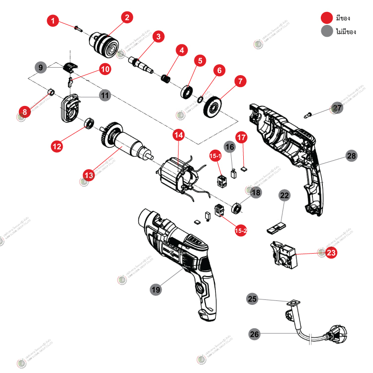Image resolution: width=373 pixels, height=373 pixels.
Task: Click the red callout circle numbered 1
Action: (x=54, y=21)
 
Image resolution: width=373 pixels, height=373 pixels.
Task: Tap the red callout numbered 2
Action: (x=127, y=18)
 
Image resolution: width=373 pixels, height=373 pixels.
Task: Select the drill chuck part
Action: (x=105, y=43)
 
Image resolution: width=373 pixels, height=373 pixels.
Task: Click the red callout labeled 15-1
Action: (x=215, y=156)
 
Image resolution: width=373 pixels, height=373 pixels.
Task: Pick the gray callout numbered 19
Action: (x=156, y=289)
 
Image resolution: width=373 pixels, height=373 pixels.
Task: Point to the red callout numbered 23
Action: (x=331, y=252)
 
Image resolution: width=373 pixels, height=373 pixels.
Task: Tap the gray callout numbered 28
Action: (x=352, y=156)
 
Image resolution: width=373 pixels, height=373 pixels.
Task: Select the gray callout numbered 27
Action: (x=338, y=108)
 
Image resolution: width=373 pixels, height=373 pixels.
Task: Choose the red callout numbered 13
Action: (x=89, y=175)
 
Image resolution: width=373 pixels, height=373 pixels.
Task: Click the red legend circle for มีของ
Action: (x=327, y=17)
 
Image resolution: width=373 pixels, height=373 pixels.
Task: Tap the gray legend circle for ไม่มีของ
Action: (x=327, y=31)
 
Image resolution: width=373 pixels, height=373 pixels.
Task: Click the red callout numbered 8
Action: (x=24, y=110)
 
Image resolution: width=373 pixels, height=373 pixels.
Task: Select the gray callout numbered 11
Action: (x=104, y=94)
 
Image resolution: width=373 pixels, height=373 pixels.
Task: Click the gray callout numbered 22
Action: (x=283, y=196)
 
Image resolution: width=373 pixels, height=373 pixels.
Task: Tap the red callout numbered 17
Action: (x=241, y=136)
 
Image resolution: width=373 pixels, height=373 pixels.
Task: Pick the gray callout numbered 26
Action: (x=254, y=335)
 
